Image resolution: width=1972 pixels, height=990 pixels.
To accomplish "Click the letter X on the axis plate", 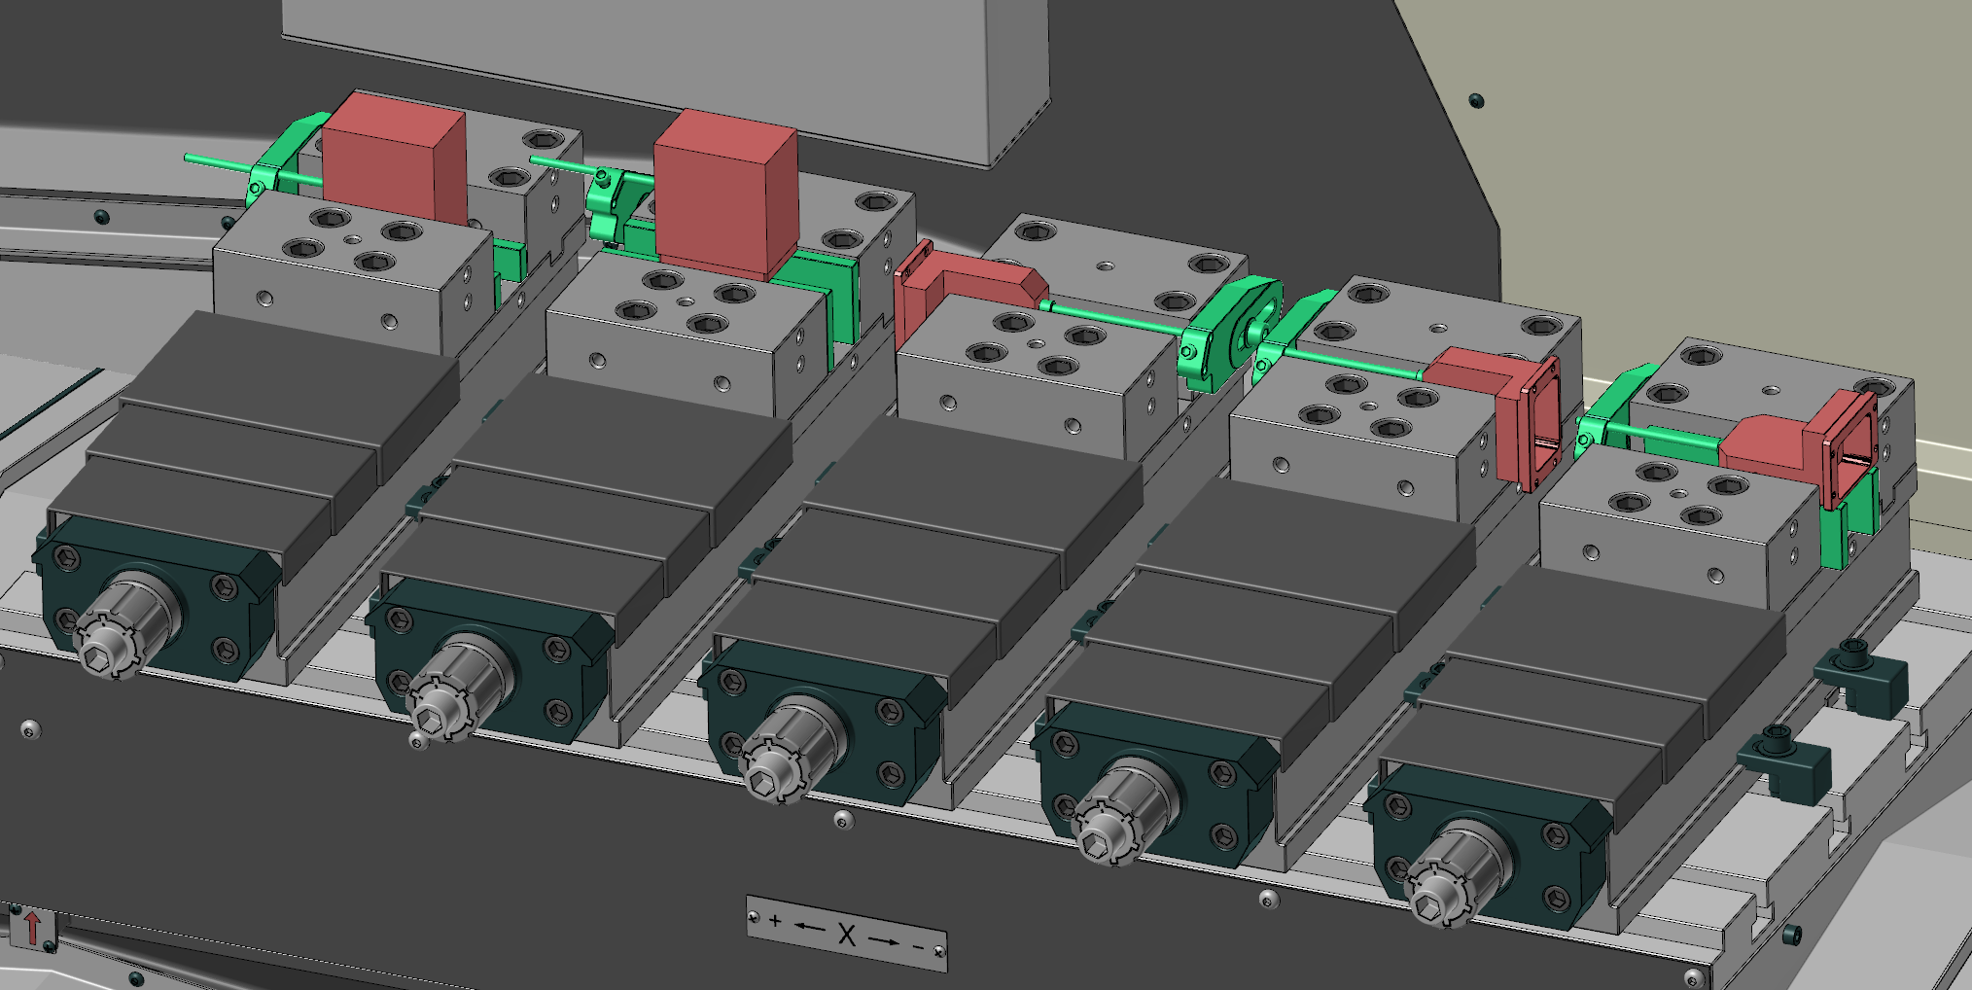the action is pos(846,935).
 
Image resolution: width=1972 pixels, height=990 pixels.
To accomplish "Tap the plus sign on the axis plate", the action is pos(775,920).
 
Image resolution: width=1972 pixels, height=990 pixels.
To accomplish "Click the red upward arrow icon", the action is pos(31,928).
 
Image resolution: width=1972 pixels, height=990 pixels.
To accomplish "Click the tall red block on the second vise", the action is pos(725,194).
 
